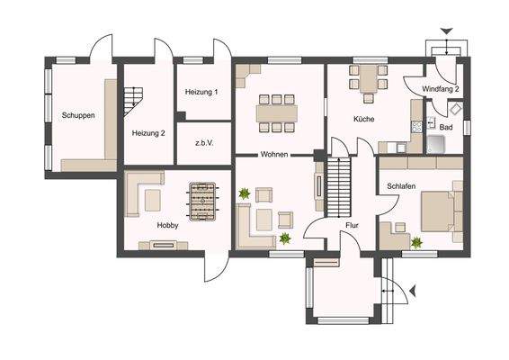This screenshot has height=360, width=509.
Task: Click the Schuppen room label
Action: pos(78,116)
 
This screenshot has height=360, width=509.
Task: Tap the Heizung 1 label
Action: pos(201,93)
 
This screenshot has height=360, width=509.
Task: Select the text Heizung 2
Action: pos(148,133)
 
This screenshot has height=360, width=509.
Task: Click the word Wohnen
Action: pos(274,155)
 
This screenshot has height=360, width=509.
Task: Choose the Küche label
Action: pos(364,119)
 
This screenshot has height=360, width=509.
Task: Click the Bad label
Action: pos(445,127)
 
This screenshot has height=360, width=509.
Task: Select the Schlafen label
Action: pos(400,185)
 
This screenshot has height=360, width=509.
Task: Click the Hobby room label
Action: pos(167,226)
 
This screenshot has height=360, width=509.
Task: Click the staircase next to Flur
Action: pos(339,184)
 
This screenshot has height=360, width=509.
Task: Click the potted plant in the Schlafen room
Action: pos(415,241)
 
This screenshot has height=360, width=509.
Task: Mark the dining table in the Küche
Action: pos(369,80)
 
